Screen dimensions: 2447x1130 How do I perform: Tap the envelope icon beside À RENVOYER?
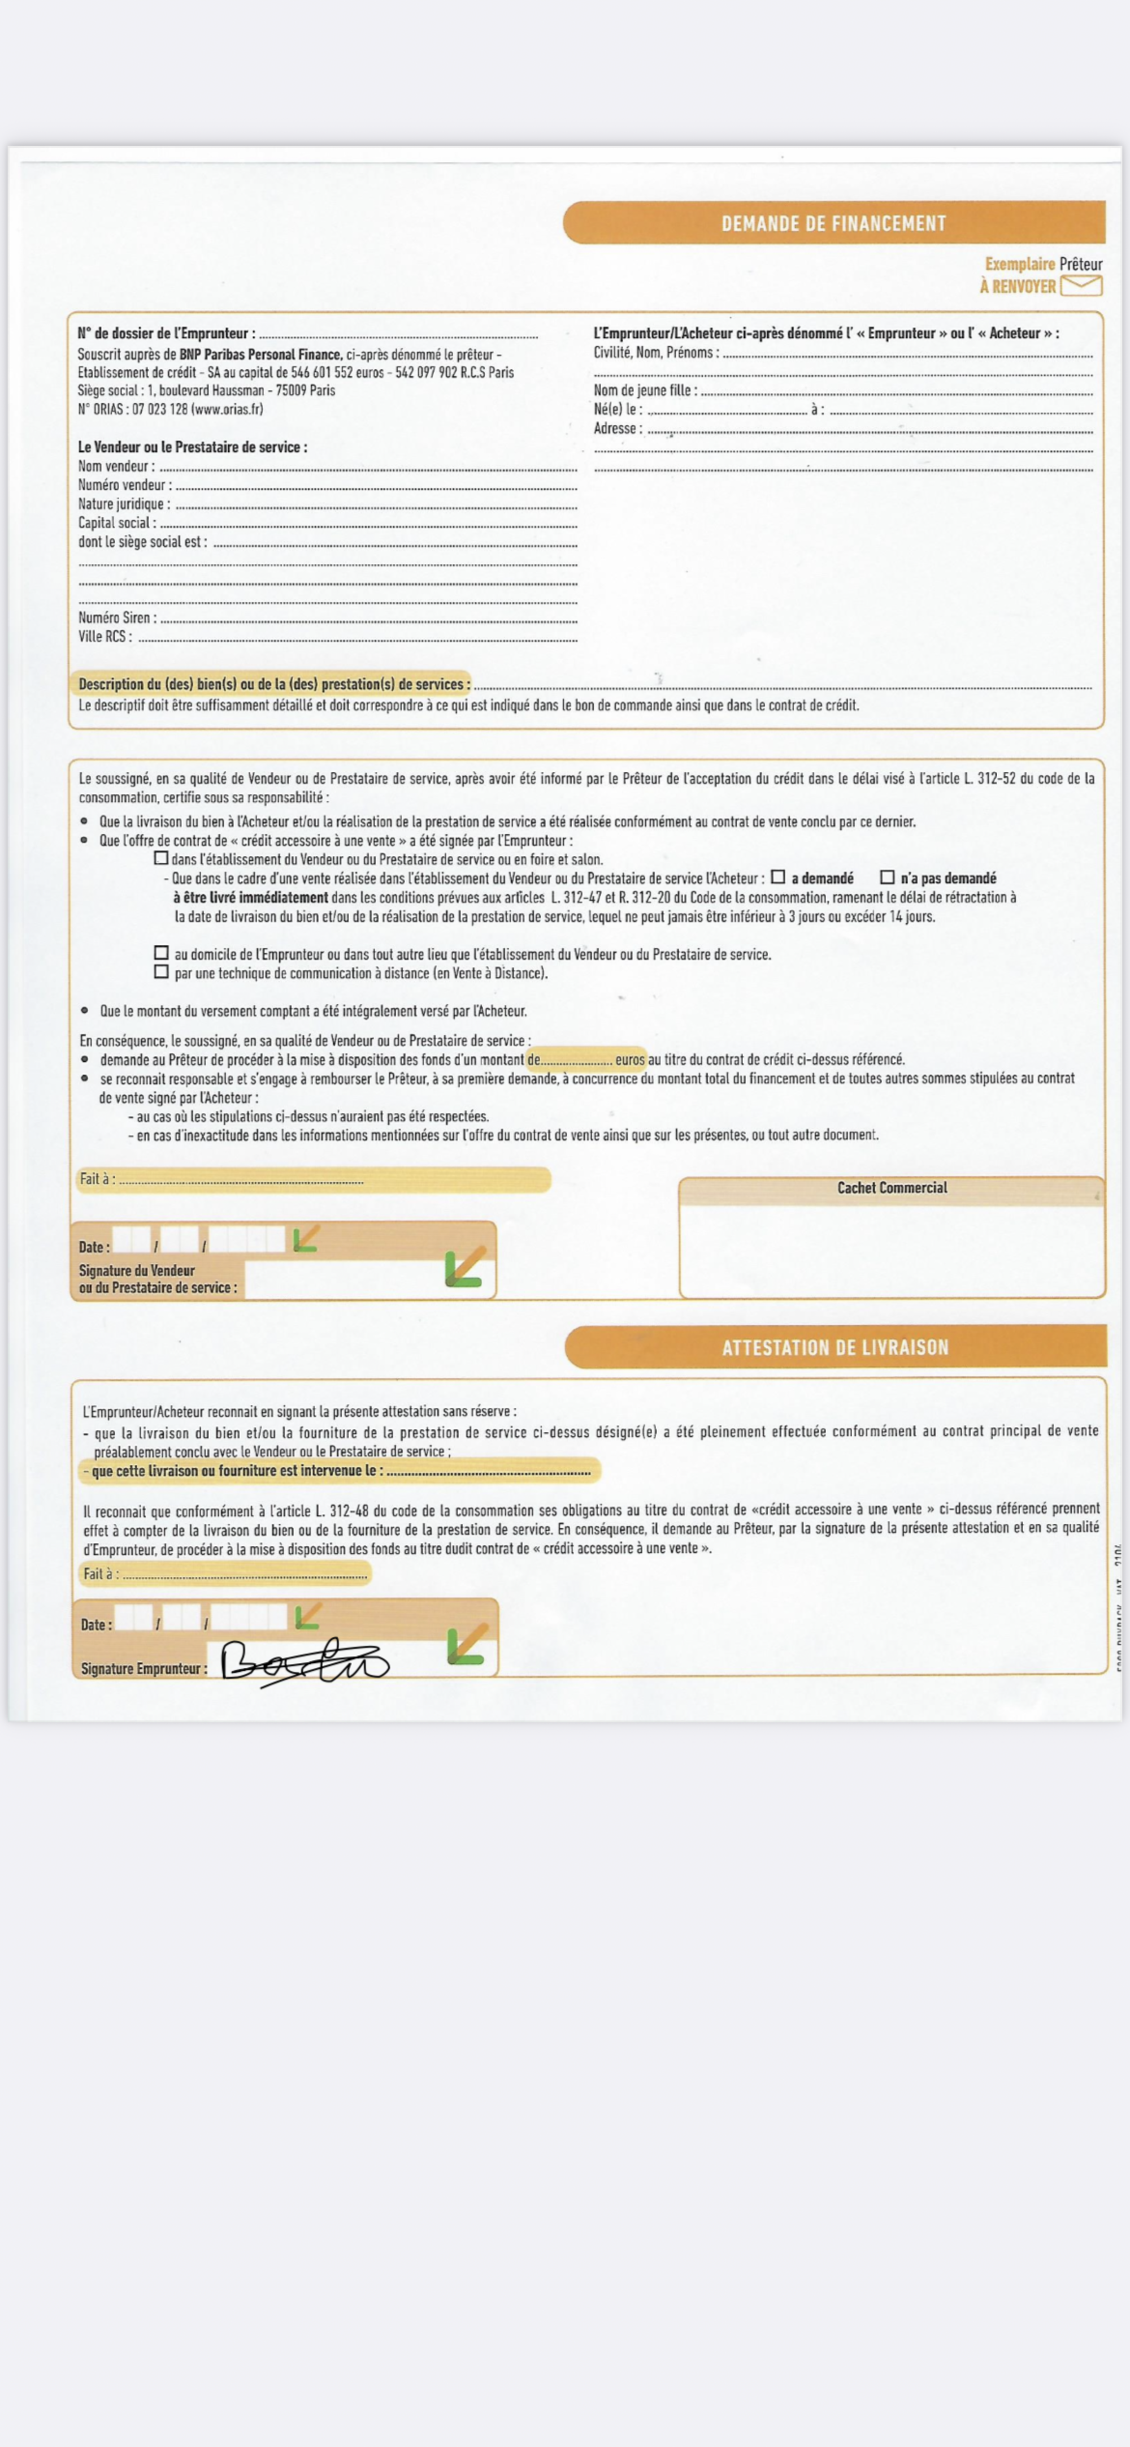click(x=1081, y=285)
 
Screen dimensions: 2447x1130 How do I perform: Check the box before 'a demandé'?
click(x=777, y=877)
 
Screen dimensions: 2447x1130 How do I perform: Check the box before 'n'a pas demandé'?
click(x=887, y=877)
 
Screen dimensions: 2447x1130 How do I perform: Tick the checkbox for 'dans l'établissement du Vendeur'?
click(x=160, y=858)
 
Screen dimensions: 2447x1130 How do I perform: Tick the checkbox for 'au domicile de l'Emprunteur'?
click(x=160, y=953)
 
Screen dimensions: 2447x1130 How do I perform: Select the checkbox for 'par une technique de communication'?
click(x=160, y=972)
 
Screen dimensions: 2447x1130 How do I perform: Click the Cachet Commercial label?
click(x=892, y=1187)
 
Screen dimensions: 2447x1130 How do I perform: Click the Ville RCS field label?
click(x=105, y=637)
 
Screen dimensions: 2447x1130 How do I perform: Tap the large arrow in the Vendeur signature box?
click(x=466, y=1267)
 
